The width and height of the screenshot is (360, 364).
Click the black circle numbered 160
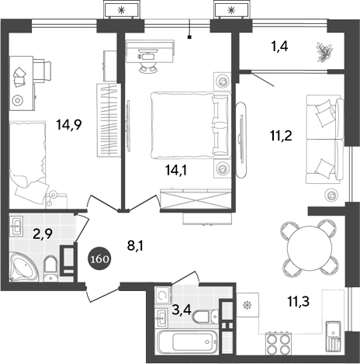coord(99,257)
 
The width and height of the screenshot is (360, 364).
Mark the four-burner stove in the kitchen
coord(278,342)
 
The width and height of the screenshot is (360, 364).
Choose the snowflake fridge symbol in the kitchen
coord(249,305)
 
